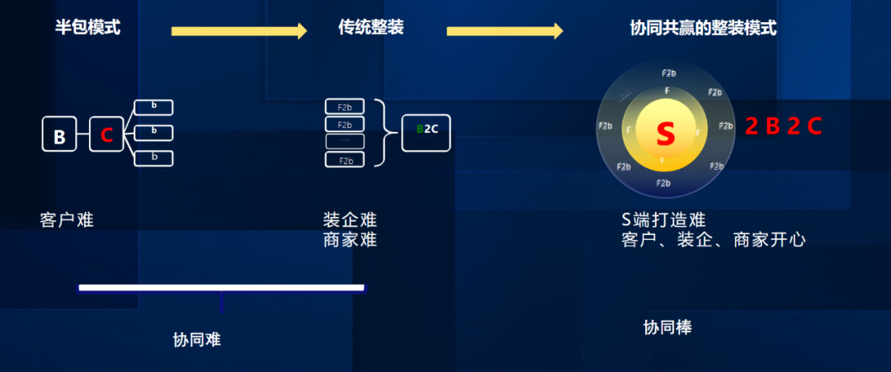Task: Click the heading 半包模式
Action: click(x=87, y=28)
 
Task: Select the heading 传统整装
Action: click(x=370, y=28)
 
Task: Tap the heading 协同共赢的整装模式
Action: click(x=703, y=28)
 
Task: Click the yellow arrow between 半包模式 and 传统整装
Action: click(x=238, y=31)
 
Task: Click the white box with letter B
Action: click(x=59, y=134)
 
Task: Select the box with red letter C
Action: click(x=106, y=134)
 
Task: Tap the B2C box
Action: click(x=427, y=130)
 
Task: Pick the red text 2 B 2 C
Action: click(x=784, y=126)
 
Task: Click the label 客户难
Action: click(x=67, y=220)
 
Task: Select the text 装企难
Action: click(x=350, y=220)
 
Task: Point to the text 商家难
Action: click(x=350, y=240)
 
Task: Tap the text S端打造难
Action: click(x=663, y=220)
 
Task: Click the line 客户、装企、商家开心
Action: click(x=713, y=240)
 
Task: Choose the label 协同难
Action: click(x=197, y=339)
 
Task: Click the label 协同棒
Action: click(x=667, y=327)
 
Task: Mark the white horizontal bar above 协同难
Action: click(x=221, y=288)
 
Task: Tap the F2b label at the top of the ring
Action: click(x=669, y=73)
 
